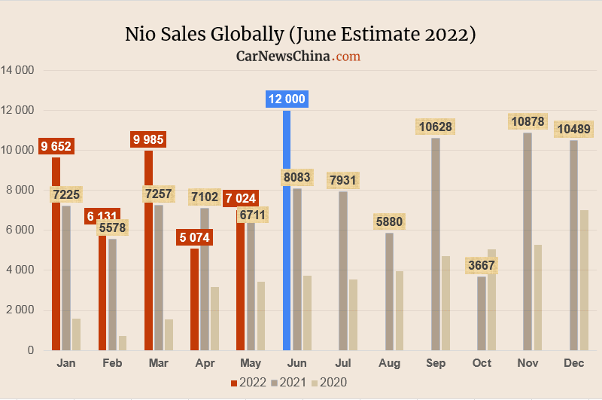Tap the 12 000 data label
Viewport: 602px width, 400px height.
[x=287, y=99]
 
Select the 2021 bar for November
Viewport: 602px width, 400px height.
[x=528, y=241]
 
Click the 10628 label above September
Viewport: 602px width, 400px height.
[x=436, y=127]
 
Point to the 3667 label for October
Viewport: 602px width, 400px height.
[x=482, y=266]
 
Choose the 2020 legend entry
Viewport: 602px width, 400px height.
[x=329, y=383]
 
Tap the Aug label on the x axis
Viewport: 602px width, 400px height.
[x=389, y=363]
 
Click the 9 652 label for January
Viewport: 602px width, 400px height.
[x=56, y=146]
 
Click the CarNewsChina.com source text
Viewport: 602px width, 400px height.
[x=298, y=56]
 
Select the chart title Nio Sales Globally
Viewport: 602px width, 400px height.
[x=300, y=35]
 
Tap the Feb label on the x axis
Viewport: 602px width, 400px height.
[x=111, y=363]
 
